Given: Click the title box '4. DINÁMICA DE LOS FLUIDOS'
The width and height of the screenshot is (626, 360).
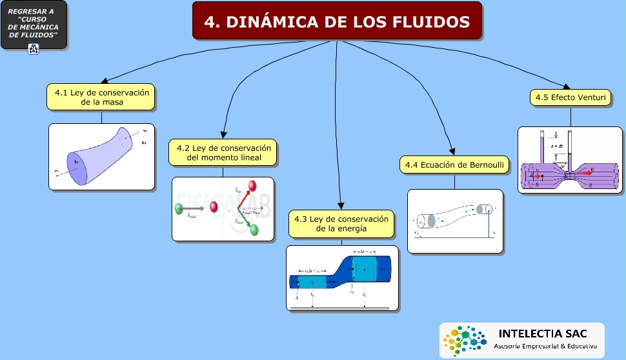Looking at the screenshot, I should (x=337, y=21).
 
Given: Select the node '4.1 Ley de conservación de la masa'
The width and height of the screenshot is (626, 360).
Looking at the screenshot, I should (x=101, y=97).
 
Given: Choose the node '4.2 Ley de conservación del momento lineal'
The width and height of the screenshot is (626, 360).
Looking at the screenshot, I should (x=223, y=153).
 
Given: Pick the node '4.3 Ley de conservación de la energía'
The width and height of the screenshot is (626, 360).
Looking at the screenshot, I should (x=341, y=224).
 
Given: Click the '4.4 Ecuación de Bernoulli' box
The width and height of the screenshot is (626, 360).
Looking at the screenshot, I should (x=454, y=165).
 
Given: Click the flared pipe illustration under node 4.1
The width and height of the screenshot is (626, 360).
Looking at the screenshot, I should (x=102, y=157).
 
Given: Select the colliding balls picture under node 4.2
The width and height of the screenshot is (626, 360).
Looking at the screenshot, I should (x=223, y=209).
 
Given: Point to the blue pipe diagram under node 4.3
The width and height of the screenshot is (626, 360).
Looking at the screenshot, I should (x=341, y=278).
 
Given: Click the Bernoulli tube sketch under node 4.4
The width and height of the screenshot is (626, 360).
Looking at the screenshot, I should (x=455, y=221).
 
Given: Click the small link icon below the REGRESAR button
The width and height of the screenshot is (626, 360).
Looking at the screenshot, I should (x=34, y=48).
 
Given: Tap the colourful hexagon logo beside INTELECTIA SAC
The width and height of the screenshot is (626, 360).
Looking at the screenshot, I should (x=463, y=339).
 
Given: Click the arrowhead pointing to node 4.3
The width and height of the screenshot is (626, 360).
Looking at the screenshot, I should (x=339, y=205).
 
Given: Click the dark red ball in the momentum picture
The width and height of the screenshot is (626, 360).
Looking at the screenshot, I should (x=214, y=208).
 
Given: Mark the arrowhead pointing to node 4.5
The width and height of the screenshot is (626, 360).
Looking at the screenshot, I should (x=566, y=88).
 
